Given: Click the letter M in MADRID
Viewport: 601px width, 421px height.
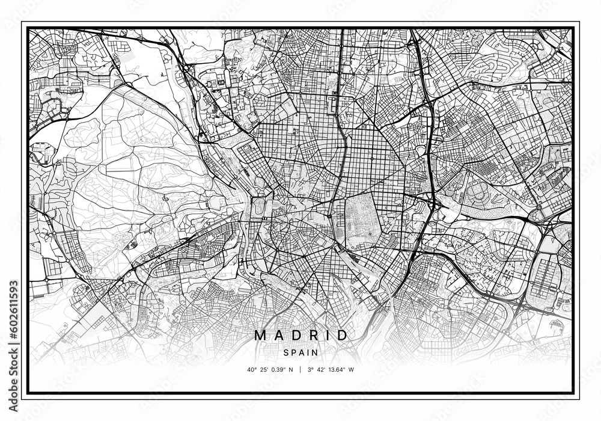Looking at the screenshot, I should [x=260, y=336].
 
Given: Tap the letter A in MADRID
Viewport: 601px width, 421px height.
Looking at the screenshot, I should [x=278, y=336].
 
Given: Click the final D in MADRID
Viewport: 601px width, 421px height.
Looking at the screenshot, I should [x=342, y=336].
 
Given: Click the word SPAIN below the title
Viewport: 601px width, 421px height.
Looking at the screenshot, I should [x=300, y=352].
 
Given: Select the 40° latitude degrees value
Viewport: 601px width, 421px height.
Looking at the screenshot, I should [x=250, y=369].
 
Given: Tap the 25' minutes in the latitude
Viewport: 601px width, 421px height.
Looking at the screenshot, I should [x=265, y=369].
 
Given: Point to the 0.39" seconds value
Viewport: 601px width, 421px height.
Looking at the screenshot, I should [x=281, y=369].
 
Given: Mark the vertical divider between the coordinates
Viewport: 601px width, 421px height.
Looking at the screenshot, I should [x=300, y=369].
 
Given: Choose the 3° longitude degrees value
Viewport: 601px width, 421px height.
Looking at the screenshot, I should [x=310, y=369].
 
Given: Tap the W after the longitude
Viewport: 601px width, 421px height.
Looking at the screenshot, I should [x=352, y=369].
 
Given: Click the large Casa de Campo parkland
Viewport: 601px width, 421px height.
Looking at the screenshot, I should [x=138, y=174].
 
